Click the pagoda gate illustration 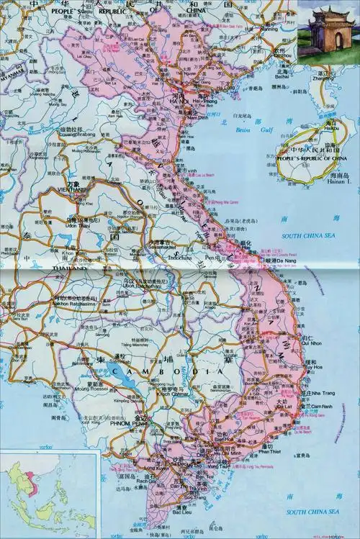328,28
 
